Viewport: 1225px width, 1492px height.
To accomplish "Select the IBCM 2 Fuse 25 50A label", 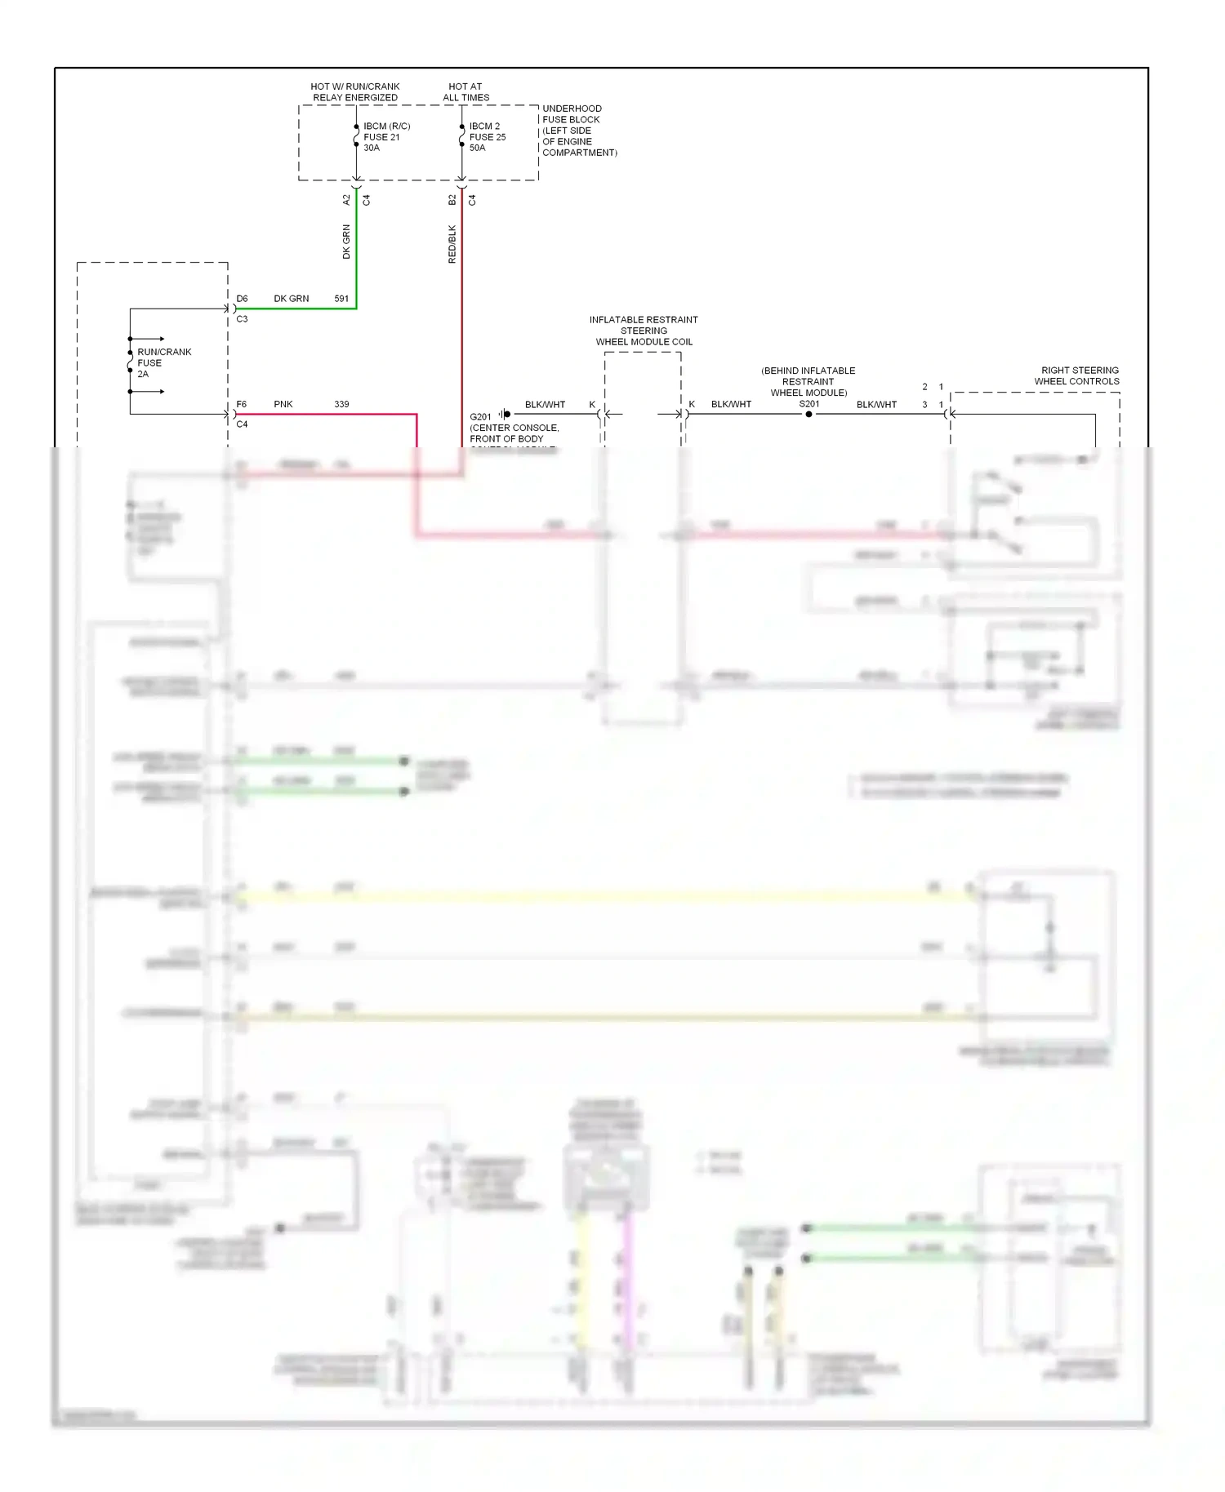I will [487, 137].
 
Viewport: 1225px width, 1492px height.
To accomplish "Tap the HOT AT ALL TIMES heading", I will [465, 91].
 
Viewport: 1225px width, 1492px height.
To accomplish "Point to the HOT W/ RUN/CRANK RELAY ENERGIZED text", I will [355, 91].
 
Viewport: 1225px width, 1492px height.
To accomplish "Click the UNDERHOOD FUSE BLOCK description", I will [579, 131].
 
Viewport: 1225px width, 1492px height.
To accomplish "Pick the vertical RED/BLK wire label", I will [452, 244].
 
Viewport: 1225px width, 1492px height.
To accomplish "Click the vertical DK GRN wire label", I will [346, 242].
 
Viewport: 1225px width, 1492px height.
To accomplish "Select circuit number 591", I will [341, 299].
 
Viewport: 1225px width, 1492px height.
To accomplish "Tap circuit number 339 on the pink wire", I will [341, 404].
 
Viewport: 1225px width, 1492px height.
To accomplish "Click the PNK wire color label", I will [283, 404].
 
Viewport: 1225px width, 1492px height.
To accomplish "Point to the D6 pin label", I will [242, 299].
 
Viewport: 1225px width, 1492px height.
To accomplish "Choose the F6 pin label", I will [242, 404].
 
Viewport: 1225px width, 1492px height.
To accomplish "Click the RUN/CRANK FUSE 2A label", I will [163, 363].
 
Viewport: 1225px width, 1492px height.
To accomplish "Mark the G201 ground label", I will [480, 417].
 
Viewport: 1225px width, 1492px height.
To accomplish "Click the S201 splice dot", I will [808, 415].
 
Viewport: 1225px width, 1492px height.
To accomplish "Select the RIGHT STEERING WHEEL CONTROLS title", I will [1078, 375].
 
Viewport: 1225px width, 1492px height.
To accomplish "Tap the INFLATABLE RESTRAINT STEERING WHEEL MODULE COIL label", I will [644, 331].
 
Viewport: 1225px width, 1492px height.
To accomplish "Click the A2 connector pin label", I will [346, 199].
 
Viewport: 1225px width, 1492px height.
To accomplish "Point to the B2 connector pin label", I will [452, 199].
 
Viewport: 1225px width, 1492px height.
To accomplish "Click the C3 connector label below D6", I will [242, 319].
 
